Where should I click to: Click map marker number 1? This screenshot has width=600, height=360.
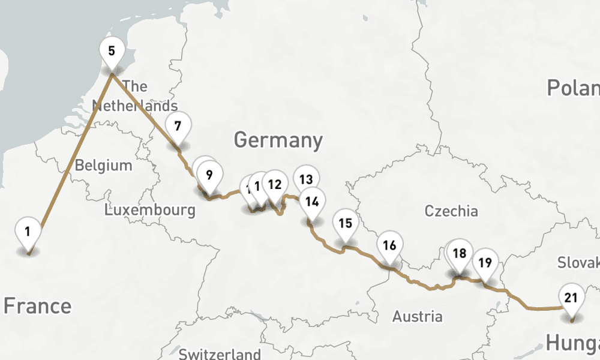click(28, 232)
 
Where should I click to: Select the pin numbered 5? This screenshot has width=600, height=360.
click(112, 51)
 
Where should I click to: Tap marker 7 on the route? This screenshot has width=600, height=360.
click(178, 127)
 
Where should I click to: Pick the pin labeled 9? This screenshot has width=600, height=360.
click(209, 175)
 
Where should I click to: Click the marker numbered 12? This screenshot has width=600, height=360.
click(275, 184)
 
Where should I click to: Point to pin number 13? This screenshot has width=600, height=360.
click(306, 179)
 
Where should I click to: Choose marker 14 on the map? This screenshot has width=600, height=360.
click(311, 202)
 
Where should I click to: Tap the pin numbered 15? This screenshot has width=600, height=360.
click(345, 224)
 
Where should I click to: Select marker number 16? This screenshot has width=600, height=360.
click(389, 245)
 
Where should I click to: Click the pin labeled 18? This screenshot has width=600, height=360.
click(460, 253)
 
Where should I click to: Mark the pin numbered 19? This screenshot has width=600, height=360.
click(485, 262)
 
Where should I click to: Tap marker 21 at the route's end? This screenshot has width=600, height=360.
click(571, 298)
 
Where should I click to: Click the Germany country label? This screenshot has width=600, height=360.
click(278, 140)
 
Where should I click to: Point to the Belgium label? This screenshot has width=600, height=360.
click(103, 165)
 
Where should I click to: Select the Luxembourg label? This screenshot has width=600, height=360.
click(149, 210)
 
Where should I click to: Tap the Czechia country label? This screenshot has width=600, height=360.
click(451, 211)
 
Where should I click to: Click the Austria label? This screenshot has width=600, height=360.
click(418, 316)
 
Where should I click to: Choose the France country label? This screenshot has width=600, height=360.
click(37, 306)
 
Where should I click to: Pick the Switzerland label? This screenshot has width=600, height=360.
click(220, 353)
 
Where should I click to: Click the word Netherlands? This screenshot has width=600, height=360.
click(135, 106)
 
